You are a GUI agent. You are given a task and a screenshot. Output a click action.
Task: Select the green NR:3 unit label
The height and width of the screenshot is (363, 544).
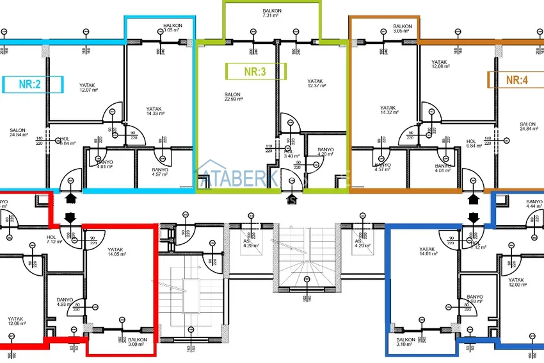(255, 72)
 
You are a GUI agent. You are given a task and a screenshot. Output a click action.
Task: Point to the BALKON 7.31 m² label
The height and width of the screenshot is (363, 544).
(271, 13)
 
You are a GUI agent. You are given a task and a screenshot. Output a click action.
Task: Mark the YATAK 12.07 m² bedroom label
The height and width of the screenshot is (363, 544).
(88, 87)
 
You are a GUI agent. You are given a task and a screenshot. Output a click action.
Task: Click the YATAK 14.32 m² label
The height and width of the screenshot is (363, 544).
(388, 110)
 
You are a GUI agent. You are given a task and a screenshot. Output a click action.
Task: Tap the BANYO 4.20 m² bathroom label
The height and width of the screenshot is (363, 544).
(326, 153)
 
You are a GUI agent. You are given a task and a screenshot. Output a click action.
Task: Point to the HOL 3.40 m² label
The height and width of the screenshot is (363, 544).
(289, 153)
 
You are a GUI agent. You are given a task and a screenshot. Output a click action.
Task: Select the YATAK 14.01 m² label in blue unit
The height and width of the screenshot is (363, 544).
(428, 252)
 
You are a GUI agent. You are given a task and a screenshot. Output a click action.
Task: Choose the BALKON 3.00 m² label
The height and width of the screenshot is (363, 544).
(138, 342)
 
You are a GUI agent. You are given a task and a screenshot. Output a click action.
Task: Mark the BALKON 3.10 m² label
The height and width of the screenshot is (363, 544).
(406, 342)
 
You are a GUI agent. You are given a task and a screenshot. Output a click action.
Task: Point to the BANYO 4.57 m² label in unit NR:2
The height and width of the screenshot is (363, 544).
(160, 171)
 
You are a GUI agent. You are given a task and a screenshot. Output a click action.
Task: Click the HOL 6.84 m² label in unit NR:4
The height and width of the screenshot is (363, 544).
(472, 143)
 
